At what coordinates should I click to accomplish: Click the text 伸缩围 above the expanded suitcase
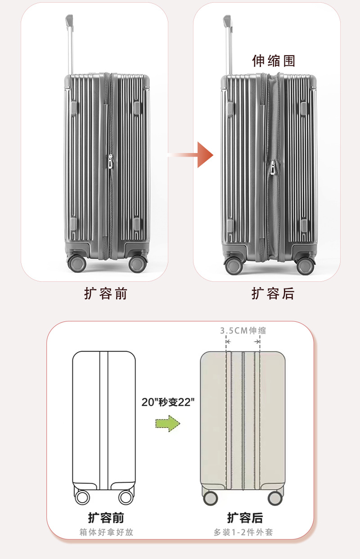point(274,61)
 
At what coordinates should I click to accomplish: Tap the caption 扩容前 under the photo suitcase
point(106,294)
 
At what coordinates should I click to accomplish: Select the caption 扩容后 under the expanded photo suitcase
point(273,294)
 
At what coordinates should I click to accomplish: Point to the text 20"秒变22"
point(168,402)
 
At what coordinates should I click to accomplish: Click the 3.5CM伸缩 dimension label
point(243,330)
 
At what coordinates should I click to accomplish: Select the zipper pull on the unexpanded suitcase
point(110,162)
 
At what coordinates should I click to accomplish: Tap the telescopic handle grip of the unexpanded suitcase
point(69,20)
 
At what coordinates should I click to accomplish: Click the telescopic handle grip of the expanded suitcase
point(227,20)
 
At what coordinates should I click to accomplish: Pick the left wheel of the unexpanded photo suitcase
point(76,264)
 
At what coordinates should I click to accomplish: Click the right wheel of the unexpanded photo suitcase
point(137,264)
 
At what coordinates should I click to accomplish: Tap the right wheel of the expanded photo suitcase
point(306,266)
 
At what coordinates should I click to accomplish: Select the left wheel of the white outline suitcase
point(82,497)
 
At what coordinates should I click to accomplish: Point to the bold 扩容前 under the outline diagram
point(106,517)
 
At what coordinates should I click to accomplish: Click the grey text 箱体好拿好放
point(106,532)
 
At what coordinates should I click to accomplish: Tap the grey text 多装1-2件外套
point(243,532)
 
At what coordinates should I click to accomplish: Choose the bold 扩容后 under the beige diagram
point(245,517)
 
